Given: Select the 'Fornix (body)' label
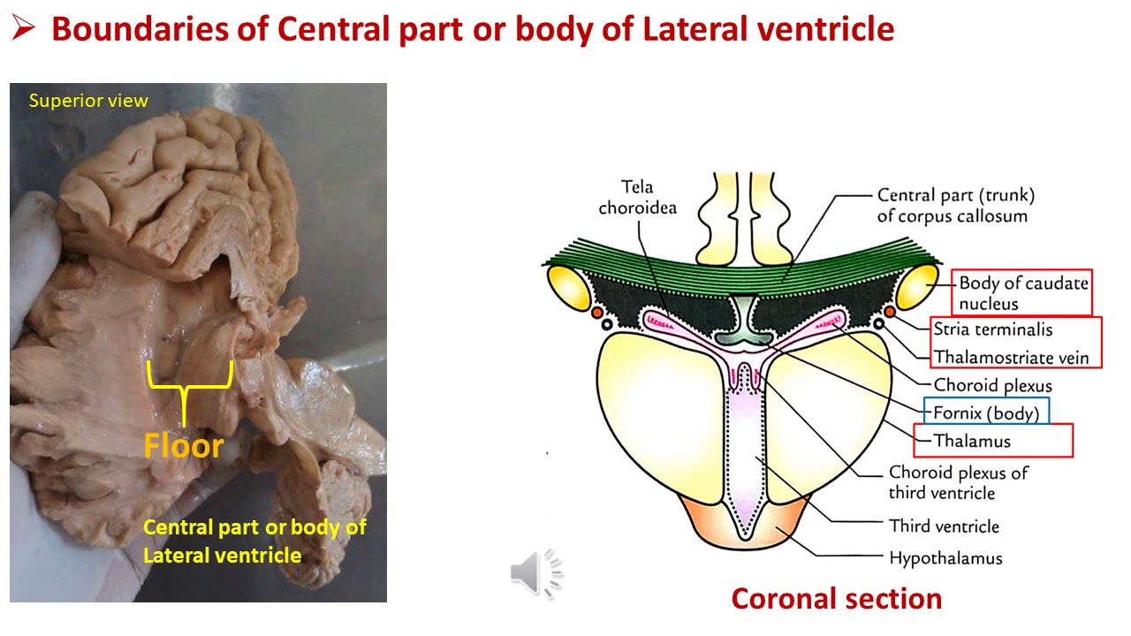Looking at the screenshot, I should [x=985, y=412].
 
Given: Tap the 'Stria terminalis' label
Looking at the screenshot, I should [x=993, y=329].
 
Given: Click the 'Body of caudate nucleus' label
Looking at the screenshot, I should [x=1023, y=293].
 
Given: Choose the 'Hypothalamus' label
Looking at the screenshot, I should [x=945, y=557].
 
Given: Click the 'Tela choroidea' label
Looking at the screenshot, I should [x=637, y=197].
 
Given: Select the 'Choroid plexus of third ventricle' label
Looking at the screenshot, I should [x=958, y=482].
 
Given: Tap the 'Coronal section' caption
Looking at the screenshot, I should [x=836, y=598].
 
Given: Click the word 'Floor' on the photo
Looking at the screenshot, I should [x=184, y=445].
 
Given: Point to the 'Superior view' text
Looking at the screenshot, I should [x=88, y=101].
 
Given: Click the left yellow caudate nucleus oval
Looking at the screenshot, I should [x=568, y=285].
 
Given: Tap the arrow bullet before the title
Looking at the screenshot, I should [x=24, y=29].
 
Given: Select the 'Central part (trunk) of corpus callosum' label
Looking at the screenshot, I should [x=954, y=205].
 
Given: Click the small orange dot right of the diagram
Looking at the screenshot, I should [x=890, y=311].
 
